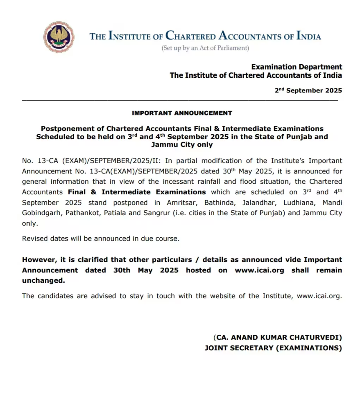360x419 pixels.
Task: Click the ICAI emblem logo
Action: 59,37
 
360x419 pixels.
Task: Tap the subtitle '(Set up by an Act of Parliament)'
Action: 205,48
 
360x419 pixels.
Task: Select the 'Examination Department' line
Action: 297,67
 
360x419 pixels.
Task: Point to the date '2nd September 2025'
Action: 308,90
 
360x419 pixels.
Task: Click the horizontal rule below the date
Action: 180,100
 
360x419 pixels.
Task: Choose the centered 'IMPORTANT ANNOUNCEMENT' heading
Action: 182,113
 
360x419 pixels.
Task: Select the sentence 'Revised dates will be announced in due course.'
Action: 101,239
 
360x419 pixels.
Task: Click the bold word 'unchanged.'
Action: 43,281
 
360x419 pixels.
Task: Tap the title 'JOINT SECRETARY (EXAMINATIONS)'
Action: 273,348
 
